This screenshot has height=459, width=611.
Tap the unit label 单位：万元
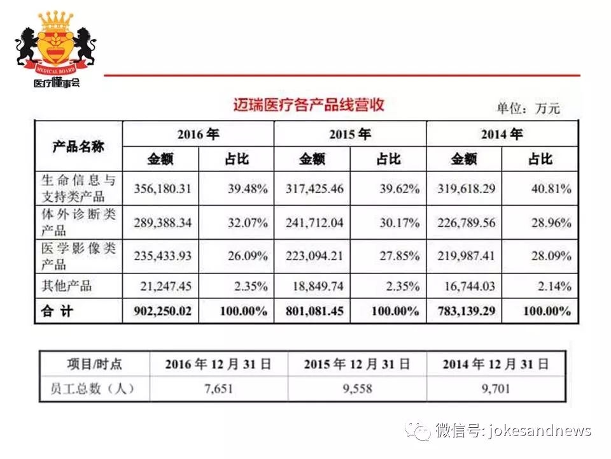(x=528, y=108)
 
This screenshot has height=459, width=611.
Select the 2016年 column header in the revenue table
(x=198, y=134)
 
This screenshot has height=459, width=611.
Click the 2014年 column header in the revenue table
(x=502, y=134)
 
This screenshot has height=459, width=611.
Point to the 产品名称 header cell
(x=78, y=147)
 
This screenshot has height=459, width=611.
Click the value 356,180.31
(x=163, y=189)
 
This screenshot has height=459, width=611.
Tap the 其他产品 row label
(x=67, y=286)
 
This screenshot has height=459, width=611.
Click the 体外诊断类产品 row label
(x=78, y=222)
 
